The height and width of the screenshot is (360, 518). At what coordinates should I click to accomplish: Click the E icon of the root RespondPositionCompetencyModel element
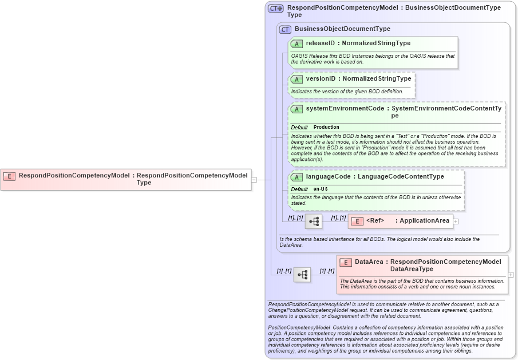pyautogui.click(x=9, y=176)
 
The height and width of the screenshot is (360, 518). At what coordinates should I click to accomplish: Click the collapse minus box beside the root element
pyautogui.click(x=254, y=179)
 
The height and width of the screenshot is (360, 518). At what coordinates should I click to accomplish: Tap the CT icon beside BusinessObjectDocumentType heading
pyautogui.click(x=285, y=29)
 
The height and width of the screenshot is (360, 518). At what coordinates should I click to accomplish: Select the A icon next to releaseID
pyautogui.click(x=296, y=43)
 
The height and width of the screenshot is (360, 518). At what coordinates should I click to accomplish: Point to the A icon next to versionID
pyautogui.click(x=296, y=79)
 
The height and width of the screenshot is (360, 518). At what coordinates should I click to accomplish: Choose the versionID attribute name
pyautogui.click(x=321, y=78)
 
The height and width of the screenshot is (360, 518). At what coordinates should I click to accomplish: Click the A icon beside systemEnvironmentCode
pyautogui.click(x=296, y=109)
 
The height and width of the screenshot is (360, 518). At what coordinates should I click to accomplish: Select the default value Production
pyautogui.click(x=326, y=127)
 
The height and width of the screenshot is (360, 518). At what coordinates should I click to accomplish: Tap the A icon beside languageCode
pyautogui.click(x=296, y=177)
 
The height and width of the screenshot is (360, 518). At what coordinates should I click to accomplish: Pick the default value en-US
pyautogui.click(x=321, y=189)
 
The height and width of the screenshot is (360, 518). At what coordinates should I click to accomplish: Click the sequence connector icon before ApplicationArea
pyautogui.click(x=314, y=221)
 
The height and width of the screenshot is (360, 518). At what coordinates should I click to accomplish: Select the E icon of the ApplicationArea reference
pyautogui.click(x=357, y=221)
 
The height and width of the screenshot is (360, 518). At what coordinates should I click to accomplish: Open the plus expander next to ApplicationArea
pyautogui.click(x=456, y=221)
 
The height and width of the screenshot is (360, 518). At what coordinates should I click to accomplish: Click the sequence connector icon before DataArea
pyautogui.click(x=302, y=275)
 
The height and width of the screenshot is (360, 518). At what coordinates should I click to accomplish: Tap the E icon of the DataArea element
pyautogui.click(x=345, y=262)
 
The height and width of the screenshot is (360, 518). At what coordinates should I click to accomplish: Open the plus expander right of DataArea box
pyautogui.click(x=511, y=275)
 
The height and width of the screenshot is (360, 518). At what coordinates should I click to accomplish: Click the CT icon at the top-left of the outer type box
pyautogui.click(x=276, y=9)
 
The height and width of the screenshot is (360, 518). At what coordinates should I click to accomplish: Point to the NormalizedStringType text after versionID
pyautogui.click(x=377, y=78)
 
